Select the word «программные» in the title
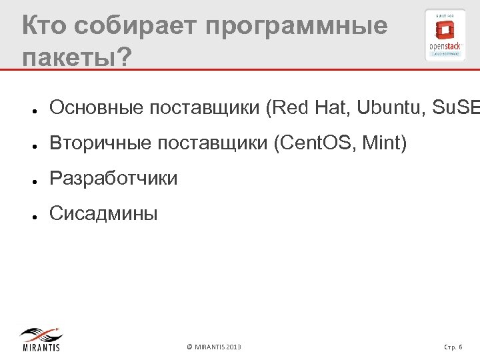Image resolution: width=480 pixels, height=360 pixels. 297,27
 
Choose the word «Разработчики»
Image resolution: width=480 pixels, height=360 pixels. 114,179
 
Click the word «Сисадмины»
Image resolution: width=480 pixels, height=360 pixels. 104,214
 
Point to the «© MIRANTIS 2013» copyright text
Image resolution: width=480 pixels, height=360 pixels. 214,347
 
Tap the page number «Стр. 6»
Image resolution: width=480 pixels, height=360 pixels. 457,347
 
